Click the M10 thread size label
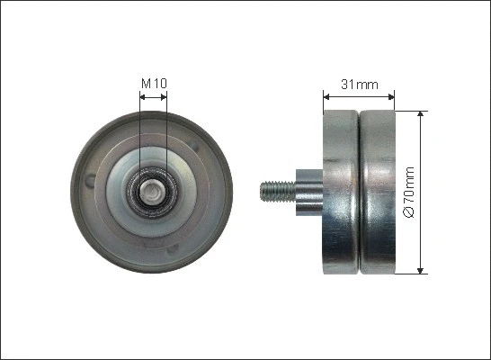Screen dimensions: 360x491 (x=154, y=85)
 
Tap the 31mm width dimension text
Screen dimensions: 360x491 (x=359, y=85)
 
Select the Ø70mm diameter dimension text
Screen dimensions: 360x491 (x=409, y=193)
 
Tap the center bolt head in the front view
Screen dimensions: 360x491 (x=154, y=191)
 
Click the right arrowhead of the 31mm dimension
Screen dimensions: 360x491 (x=391, y=94)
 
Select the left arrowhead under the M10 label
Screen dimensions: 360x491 (x=144, y=94)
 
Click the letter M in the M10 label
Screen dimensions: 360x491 (x=147, y=85)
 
